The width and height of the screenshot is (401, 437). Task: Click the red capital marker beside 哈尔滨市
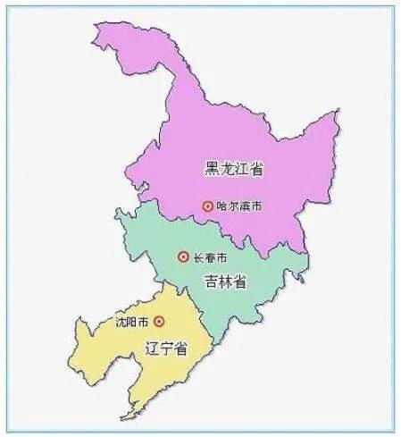tap(207, 206)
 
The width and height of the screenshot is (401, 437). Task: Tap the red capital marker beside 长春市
tap(183, 257)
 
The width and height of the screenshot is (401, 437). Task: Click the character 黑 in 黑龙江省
tap(211, 168)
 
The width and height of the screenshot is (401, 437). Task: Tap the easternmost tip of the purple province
tap(338, 114)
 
